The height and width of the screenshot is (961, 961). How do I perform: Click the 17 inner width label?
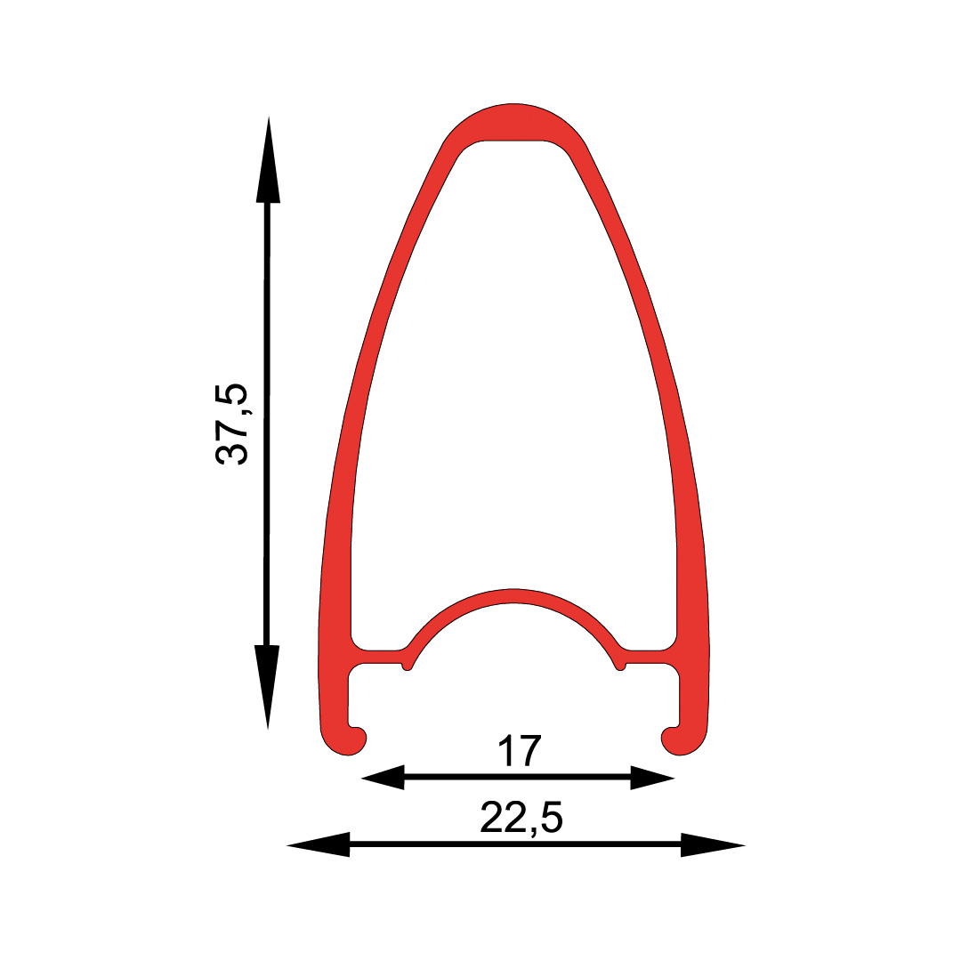(x=520, y=751)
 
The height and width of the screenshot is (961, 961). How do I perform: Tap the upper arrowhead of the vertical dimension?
(x=268, y=159)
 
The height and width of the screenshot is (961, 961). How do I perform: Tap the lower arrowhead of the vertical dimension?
(x=267, y=687)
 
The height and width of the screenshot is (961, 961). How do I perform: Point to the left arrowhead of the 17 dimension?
(x=383, y=778)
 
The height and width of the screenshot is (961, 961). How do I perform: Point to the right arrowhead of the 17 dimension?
(x=653, y=778)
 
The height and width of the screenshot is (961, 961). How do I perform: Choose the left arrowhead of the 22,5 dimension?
(x=318, y=844)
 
